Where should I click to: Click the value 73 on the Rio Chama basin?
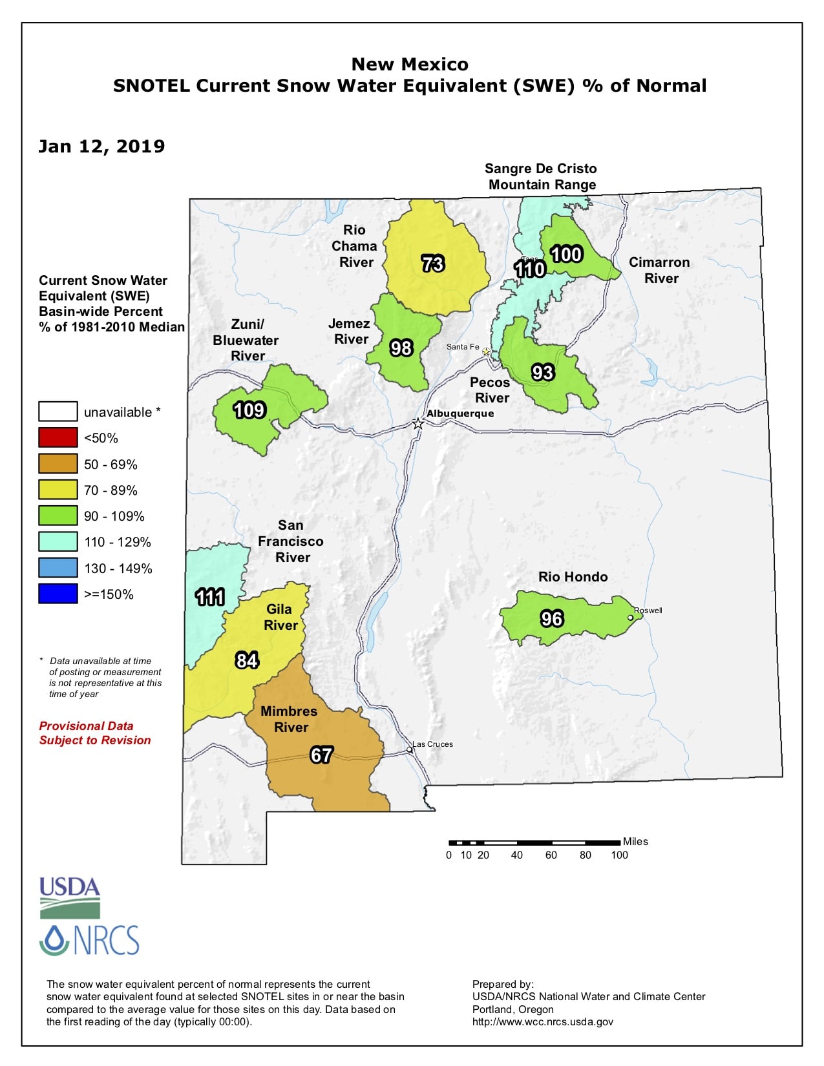(x=433, y=264)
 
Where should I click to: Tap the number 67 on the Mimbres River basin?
(x=321, y=755)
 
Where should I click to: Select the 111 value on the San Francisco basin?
(x=210, y=597)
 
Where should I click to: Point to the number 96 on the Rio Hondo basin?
(x=552, y=619)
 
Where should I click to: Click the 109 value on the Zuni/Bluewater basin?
(x=249, y=410)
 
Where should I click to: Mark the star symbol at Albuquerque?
(x=418, y=424)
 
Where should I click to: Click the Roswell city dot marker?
(x=631, y=618)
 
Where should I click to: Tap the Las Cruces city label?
(x=433, y=744)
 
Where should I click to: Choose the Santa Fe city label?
(x=463, y=347)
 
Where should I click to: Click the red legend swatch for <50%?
(x=58, y=438)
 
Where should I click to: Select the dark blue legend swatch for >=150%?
(x=58, y=594)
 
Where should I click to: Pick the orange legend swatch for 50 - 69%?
(x=58, y=464)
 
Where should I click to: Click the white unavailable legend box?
(x=58, y=412)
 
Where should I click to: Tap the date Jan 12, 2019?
(x=101, y=147)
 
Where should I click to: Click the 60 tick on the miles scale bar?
(x=551, y=855)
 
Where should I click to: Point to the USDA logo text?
(x=70, y=887)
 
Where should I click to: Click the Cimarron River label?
(x=660, y=270)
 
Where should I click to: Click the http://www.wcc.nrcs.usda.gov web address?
(x=543, y=1021)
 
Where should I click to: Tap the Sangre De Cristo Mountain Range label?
(x=542, y=176)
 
